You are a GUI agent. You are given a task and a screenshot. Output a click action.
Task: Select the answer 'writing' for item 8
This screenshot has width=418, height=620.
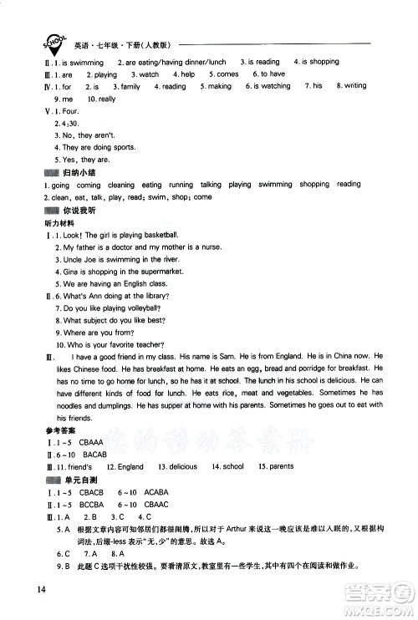tap(354, 86)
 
